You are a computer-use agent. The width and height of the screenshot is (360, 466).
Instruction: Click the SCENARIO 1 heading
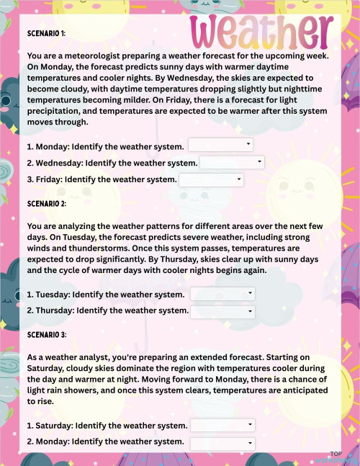(x=46, y=33)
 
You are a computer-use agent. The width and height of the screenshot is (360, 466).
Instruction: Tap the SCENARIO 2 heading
(x=46, y=204)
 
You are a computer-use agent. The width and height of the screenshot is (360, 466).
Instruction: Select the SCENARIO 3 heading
(x=46, y=335)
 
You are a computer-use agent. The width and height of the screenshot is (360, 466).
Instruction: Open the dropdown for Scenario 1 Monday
(x=220, y=145)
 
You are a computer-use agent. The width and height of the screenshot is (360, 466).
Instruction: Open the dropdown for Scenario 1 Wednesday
(x=232, y=162)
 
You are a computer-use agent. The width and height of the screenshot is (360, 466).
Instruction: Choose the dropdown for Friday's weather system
(x=211, y=179)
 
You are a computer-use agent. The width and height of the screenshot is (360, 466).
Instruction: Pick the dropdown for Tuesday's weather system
(x=222, y=294)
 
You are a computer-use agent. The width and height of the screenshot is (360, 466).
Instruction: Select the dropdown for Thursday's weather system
(x=222, y=311)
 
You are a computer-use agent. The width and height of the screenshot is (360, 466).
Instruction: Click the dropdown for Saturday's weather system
(x=222, y=425)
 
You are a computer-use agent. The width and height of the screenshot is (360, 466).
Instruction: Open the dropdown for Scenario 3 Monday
(x=222, y=442)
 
